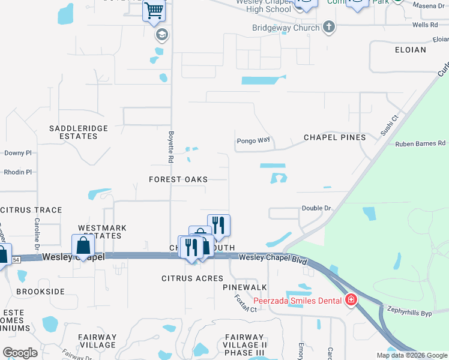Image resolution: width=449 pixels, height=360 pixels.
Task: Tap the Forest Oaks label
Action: [179, 179]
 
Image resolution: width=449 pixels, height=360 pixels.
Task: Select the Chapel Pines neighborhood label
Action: [335, 137]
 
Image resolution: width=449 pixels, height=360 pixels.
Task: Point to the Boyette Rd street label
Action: [170, 148]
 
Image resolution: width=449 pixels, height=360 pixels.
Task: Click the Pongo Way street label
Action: [253, 140]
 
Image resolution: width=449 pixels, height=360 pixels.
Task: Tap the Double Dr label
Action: [316, 208]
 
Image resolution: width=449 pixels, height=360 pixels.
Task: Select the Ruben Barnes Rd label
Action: [421, 143]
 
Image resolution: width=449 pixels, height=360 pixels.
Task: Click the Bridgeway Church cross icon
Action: [328, 26]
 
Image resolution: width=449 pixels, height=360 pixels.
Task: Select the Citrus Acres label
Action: [193, 278]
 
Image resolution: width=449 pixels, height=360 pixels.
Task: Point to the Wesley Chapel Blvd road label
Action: [273, 258]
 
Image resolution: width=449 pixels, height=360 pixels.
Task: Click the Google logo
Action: [20, 353]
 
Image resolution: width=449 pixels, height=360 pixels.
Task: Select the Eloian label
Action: [411, 50]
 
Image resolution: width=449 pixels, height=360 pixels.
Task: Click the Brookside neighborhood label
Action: [40, 291]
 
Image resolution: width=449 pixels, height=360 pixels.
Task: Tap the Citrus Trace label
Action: [31, 210]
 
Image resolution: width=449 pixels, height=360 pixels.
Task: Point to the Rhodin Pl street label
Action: [17, 172]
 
